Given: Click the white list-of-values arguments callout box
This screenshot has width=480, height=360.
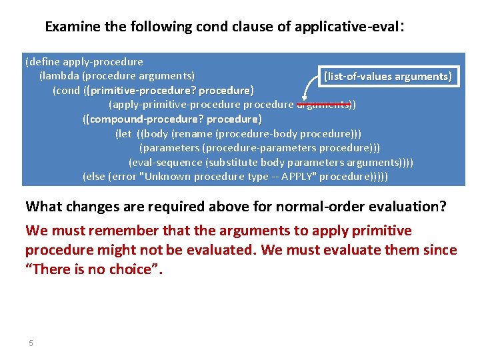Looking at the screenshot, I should point(387,76).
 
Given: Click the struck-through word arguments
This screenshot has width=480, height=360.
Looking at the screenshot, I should point(323,104).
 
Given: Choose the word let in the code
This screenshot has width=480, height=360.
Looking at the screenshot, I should point(123,133).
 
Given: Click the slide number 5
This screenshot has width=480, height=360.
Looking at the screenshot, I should point(31,343).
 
